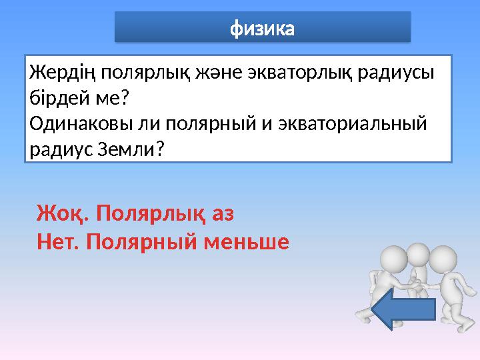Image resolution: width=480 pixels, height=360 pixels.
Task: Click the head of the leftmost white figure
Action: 394,261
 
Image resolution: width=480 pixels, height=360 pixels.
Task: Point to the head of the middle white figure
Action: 418,253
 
